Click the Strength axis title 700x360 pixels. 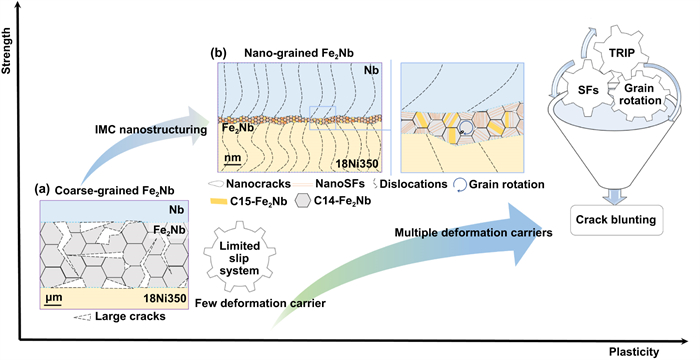(x=6, y=50)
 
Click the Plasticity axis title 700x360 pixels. (x=633, y=352)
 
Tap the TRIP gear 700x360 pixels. (x=622, y=52)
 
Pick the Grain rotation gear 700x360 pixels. (x=640, y=94)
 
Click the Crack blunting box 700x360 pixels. (x=616, y=220)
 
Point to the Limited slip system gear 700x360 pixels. (x=239, y=259)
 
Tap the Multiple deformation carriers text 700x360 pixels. (x=474, y=233)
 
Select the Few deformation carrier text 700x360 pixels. (x=260, y=303)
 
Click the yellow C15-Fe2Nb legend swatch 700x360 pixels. (x=219, y=201)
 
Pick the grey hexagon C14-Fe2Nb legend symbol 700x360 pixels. (x=303, y=201)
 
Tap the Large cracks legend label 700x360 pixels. (x=130, y=317)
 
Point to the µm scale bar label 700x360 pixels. (x=53, y=297)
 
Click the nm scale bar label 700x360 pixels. (x=233, y=158)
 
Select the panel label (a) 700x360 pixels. (x=43, y=190)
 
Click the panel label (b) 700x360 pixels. (x=218, y=53)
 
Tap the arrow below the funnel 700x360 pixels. (x=616, y=197)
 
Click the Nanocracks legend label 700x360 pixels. (x=258, y=184)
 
